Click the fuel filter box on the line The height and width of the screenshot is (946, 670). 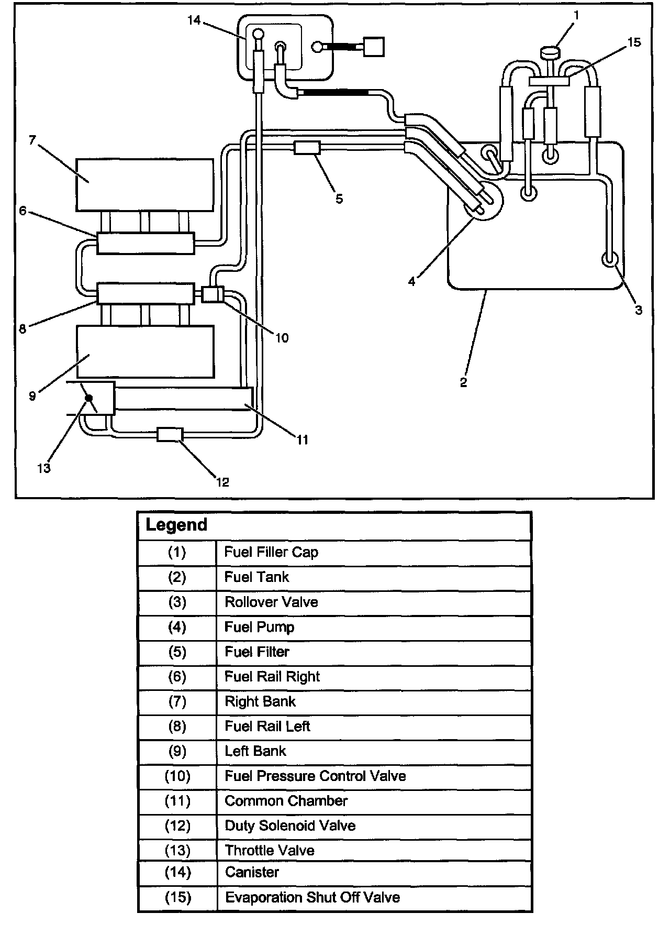click(x=307, y=147)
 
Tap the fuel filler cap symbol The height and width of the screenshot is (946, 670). click(x=549, y=52)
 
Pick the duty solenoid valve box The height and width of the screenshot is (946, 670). click(x=170, y=434)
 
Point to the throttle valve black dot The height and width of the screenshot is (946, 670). click(x=89, y=399)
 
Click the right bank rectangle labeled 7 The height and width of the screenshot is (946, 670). click(x=144, y=184)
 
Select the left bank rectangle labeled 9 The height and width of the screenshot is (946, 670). click(x=145, y=351)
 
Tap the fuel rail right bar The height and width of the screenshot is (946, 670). click(x=145, y=243)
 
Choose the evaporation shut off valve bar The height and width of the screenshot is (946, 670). click(x=549, y=81)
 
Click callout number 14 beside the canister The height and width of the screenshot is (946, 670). click(x=194, y=20)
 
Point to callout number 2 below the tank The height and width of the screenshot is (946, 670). click(x=463, y=383)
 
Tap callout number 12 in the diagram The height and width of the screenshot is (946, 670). click(x=222, y=482)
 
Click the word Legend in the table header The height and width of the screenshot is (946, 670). click(x=176, y=525)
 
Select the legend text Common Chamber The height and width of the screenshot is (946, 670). click(x=286, y=801)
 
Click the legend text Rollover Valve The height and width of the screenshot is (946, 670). click(x=271, y=602)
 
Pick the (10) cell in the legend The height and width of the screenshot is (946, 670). click(x=177, y=776)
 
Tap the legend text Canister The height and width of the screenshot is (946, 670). click(x=252, y=872)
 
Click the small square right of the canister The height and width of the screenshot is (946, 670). click(x=374, y=47)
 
